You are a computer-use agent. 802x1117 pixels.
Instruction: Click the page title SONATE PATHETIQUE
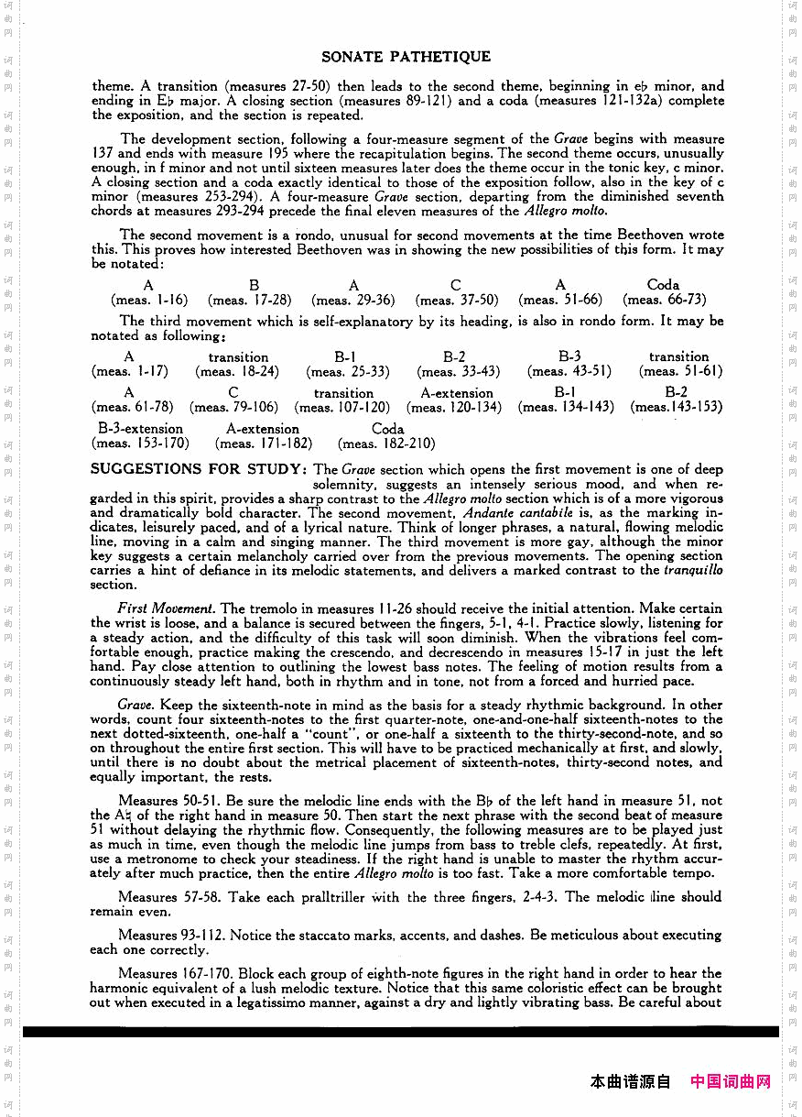point(406,57)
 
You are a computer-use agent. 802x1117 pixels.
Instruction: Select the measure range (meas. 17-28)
point(250,300)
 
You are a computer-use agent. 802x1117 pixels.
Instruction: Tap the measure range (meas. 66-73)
point(665,300)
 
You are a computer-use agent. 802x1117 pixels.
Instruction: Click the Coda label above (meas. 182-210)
point(387,429)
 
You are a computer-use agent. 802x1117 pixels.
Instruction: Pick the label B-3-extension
point(141,429)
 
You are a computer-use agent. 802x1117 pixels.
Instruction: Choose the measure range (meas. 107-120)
point(343,407)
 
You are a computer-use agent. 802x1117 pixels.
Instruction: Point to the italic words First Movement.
point(167,608)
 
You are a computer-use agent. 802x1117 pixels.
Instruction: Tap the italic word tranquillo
point(693,570)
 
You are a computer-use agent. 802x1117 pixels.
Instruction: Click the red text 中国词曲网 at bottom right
point(731,1081)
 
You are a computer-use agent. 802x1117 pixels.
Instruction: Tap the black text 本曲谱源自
point(631,1081)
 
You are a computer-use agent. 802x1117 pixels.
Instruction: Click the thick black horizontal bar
point(400,1032)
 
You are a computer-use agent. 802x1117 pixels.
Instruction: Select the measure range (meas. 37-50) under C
point(457,300)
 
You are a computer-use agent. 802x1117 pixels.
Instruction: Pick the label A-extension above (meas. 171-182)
point(263,429)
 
